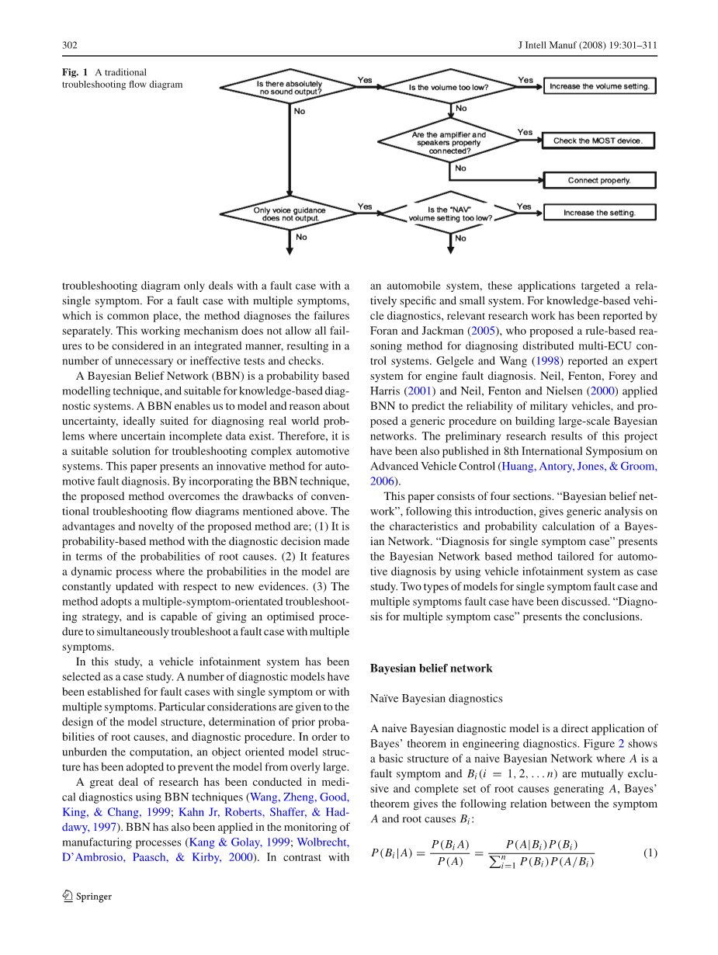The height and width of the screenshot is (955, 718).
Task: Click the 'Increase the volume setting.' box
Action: point(599,86)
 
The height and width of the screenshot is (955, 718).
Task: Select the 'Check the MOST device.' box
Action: point(598,141)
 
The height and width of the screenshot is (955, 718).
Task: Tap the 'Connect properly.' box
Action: point(599,180)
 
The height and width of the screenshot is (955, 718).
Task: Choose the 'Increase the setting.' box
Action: point(599,212)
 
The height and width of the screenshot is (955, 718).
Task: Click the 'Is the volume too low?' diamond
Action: point(449,87)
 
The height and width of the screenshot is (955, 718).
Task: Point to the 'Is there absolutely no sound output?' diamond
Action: point(289,87)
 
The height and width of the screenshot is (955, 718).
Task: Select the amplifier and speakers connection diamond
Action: point(449,142)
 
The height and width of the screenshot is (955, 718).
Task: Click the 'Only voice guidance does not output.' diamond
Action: point(289,214)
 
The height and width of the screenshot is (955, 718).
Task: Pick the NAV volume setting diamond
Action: point(449,214)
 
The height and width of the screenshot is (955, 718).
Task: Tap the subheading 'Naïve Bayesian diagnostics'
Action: point(425,698)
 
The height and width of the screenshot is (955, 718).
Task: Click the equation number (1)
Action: point(650,853)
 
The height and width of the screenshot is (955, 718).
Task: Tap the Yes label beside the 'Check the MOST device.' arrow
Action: point(525,132)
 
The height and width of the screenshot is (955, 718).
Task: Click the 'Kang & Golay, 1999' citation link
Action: point(237,842)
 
